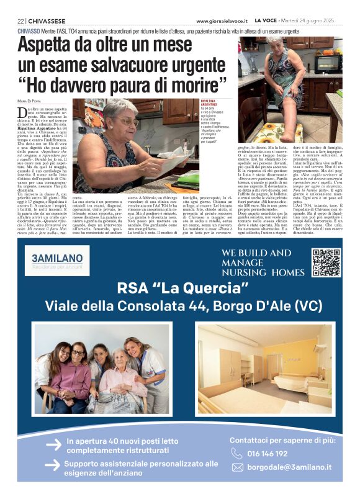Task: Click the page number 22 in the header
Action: pos(20,20)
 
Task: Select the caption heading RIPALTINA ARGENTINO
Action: pos(209,103)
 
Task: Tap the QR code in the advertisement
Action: pos(325,262)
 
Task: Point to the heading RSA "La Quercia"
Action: pos(179,289)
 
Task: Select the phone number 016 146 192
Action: pos(268,453)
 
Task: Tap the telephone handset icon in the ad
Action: pos(238,453)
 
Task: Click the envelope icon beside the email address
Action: pos(238,467)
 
